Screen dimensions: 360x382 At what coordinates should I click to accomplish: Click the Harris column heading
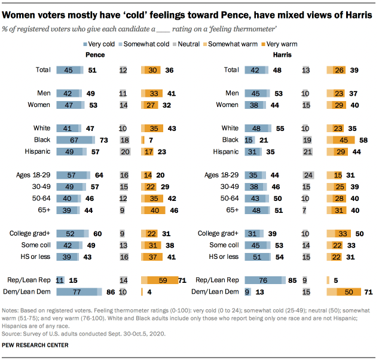click(x=282, y=55)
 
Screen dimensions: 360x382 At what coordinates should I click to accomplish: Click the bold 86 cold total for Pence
click(x=109, y=292)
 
